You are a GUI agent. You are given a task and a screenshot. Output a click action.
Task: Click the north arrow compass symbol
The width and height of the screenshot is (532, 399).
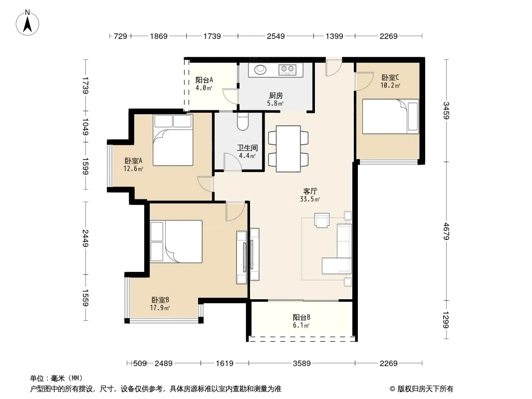pos(27,23)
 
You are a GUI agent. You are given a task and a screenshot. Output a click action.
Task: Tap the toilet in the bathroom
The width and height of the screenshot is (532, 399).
pos(243,122)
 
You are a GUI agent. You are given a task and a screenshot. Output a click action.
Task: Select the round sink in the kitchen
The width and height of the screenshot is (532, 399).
pos(261,69)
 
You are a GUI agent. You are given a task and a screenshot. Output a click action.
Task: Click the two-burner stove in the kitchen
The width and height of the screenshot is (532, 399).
pos(287,70)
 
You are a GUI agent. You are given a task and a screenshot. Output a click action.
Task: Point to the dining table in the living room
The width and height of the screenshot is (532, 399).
pos(288,149)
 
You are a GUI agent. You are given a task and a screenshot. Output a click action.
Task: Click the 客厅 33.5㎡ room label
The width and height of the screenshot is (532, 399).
pos(310,196)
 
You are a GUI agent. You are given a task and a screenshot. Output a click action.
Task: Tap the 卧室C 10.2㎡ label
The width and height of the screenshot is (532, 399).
pos(390,81)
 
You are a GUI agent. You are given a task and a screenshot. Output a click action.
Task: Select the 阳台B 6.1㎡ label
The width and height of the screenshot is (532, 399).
pos(301,321)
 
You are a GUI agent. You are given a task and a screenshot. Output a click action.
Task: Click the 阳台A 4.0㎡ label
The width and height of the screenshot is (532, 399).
pos(204,84)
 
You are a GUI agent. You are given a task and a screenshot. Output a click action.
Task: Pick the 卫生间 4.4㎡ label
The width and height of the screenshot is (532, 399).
pos(247,152)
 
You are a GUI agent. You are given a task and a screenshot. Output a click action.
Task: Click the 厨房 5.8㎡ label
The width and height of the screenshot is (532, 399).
pos(275,99)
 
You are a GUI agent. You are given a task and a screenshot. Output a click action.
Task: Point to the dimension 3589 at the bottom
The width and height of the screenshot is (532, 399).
pos(301,364)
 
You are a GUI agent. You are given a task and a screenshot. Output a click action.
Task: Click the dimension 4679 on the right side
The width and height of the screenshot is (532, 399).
pos(446,231)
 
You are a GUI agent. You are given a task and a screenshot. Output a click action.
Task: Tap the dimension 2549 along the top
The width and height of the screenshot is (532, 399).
pos(275,36)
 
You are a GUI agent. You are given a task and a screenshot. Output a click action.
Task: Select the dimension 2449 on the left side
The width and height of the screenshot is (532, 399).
pos(85,238)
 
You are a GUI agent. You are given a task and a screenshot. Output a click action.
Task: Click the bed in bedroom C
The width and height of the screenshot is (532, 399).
pos(391,116)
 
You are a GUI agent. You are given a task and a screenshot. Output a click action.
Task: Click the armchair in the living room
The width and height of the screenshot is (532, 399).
pos(321,220)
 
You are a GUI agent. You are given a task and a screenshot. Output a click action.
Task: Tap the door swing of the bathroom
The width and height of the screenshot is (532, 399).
pos(233,162)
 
